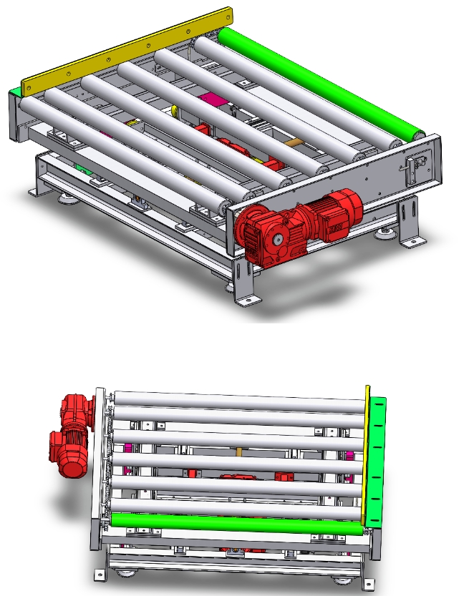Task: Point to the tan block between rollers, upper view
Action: point(294,142)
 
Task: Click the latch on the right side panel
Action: point(412,172)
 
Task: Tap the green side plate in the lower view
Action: point(377,458)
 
